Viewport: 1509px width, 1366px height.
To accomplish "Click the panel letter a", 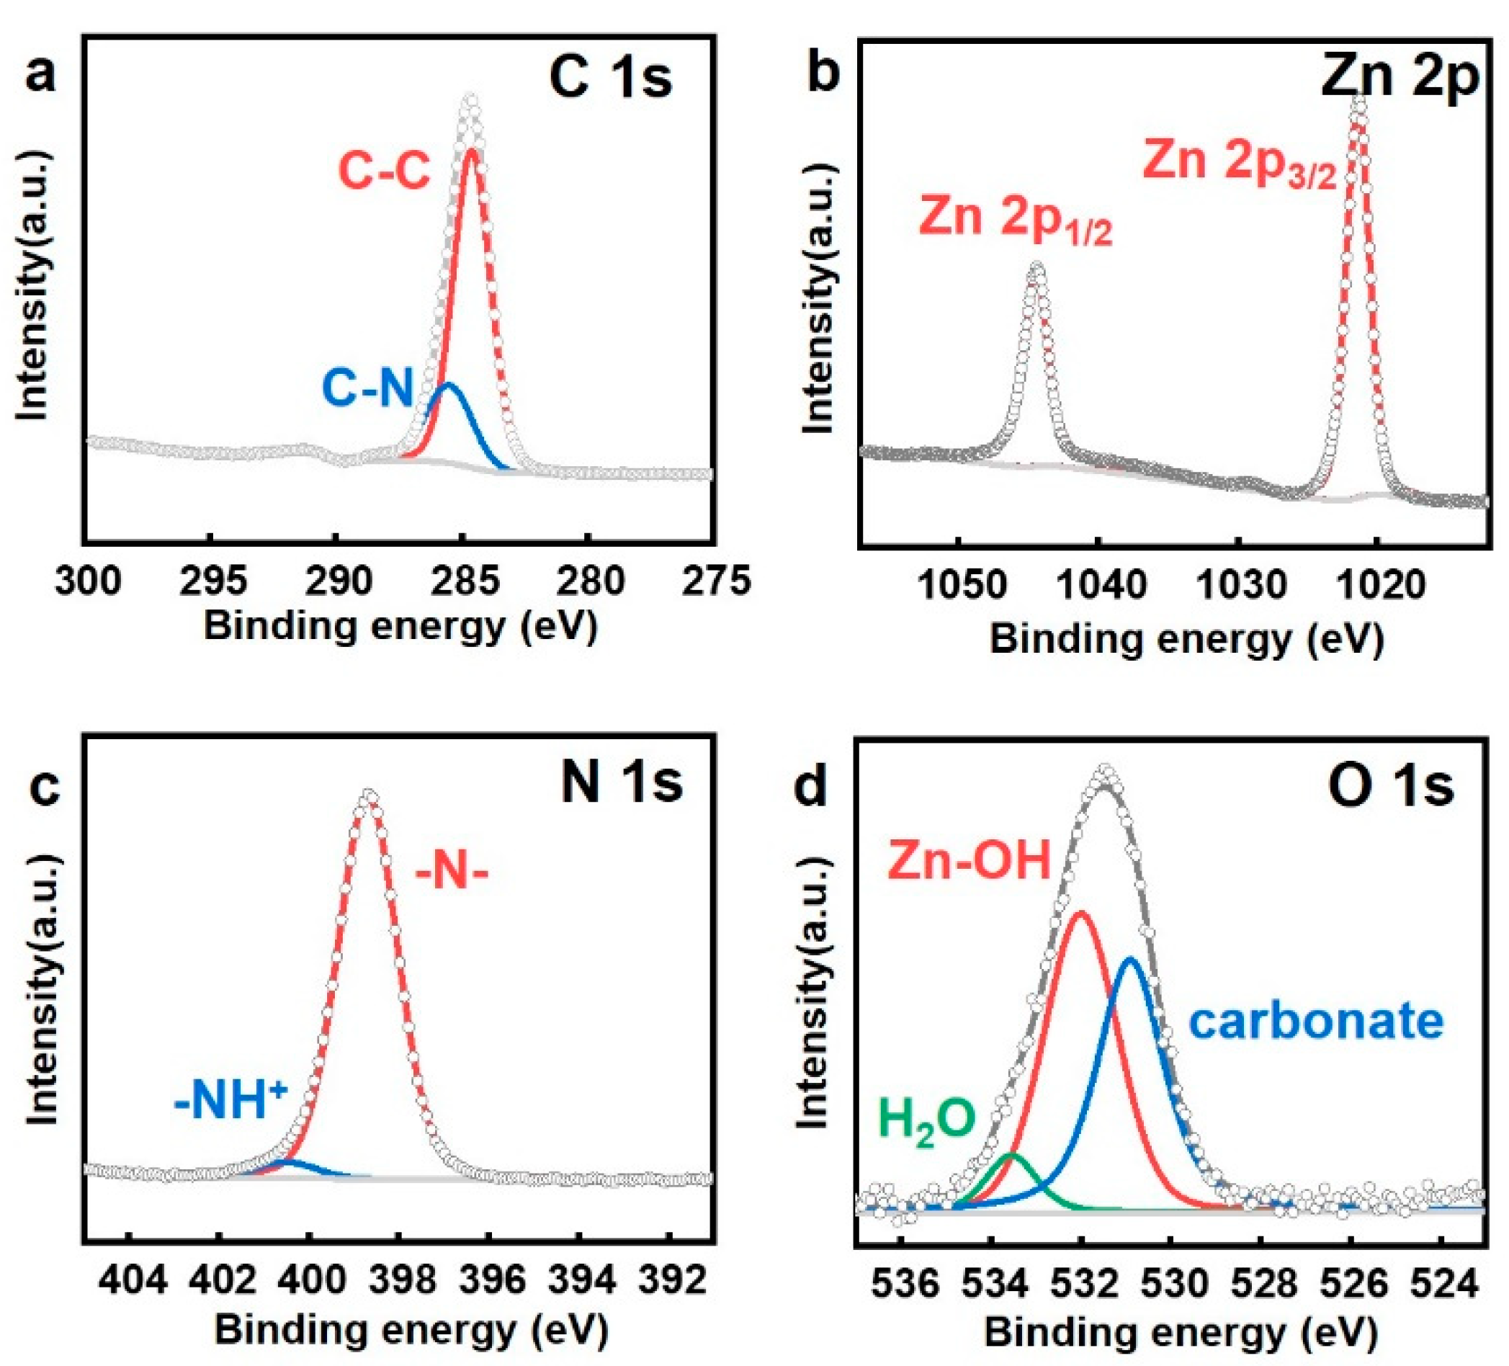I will click(40, 76).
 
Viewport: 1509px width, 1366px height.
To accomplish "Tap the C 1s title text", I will click(610, 79).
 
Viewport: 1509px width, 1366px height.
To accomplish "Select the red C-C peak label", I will click(384, 171).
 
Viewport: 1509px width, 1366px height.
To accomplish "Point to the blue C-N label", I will click(367, 389).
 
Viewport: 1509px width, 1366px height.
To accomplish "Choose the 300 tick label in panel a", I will click(89, 581).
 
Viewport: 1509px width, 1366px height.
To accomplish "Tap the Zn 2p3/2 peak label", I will click(1239, 163).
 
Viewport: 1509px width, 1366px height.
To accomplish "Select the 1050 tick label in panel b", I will click(961, 584).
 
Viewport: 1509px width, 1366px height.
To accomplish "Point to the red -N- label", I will click(452, 874).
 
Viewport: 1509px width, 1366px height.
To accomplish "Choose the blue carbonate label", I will click(1316, 1022).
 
